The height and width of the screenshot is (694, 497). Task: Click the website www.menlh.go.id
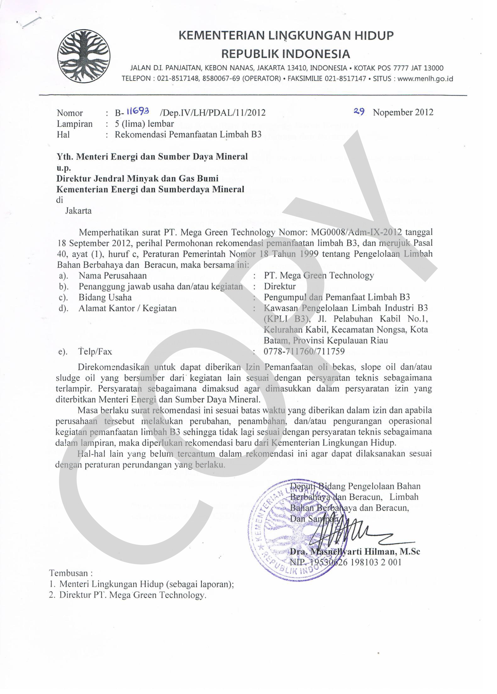425,79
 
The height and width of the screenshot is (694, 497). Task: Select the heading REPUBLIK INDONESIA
285,54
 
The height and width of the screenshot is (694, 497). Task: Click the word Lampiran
75,124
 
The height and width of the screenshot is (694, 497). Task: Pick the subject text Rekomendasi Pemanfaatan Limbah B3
188,135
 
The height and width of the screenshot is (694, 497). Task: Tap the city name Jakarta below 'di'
78,211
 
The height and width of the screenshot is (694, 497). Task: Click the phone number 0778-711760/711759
304,351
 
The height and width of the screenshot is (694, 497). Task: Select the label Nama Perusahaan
112,276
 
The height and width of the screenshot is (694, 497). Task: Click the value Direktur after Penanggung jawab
280,286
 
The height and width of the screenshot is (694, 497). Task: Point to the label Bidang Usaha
105,297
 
